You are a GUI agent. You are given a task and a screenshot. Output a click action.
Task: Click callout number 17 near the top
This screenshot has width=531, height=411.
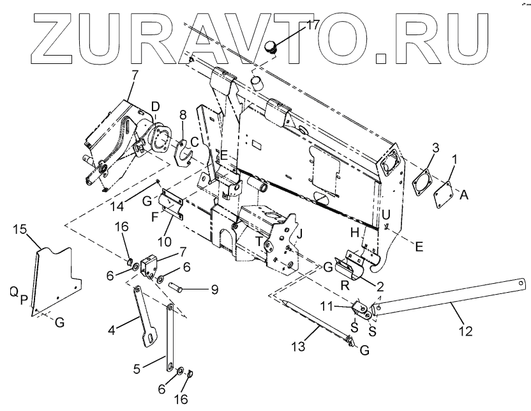click(312, 26)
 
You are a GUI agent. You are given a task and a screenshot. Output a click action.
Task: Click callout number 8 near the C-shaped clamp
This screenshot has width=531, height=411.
click(183, 115)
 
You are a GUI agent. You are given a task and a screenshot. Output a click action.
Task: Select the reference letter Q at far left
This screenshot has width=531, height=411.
click(13, 291)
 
